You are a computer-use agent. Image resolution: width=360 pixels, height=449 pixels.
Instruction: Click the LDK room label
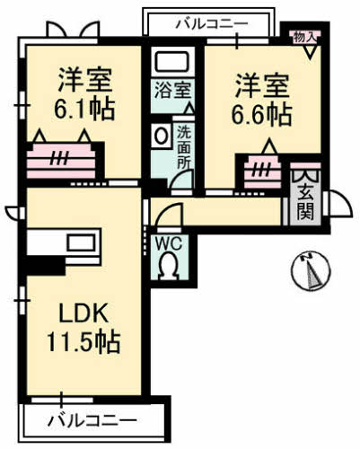point(83,315)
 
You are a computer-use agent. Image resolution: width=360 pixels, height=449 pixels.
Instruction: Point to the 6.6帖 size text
point(263,115)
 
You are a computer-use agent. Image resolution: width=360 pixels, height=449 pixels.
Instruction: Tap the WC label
point(169,242)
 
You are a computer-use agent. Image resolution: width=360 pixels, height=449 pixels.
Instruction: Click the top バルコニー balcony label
point(209,22)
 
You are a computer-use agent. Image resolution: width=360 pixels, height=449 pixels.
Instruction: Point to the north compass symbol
point(308,270)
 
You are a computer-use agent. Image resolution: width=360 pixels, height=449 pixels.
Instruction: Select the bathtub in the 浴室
point(170,64)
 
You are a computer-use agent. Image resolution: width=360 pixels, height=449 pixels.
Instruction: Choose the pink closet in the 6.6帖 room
point(262,169)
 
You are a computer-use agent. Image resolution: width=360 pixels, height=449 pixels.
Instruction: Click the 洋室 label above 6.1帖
point(86,79)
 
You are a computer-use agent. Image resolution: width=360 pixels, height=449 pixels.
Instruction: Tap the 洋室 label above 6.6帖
point(263,87)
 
